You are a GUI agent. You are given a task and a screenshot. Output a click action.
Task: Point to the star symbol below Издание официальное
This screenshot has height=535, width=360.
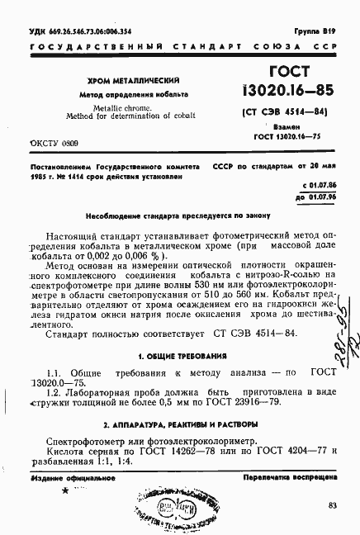coord(65,492)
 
